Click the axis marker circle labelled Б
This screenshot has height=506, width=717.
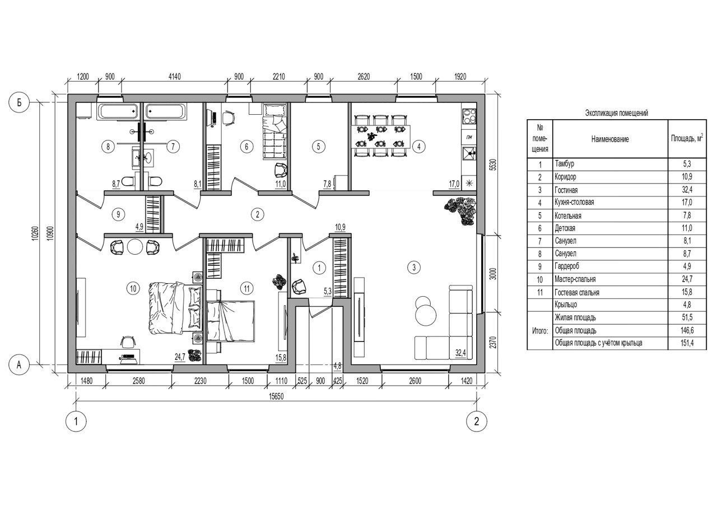[x=19, y=102]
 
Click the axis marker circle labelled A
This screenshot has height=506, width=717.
[x=19, y=364]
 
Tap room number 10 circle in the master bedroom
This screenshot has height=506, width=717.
[x=133, y=288]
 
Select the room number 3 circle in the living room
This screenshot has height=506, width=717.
[x=414, y=267]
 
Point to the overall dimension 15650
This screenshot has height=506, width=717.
[x=276, y=397]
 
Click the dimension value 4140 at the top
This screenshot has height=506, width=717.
[x=174, y=77]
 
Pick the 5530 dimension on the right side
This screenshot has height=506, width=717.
[x=493, y=165]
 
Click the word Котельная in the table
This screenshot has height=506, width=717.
[x=568, y=216]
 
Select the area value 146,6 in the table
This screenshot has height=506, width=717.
[x=687, y=330]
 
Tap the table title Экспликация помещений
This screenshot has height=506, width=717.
[x=617, y=113]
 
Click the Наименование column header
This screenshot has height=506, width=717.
[x=610, y=139]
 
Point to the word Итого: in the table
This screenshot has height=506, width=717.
[x=540, y=331]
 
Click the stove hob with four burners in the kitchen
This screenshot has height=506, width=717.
[x=469, y=116]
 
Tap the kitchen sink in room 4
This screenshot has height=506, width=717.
[x=469, y=153]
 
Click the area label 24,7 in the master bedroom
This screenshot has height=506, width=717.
[x=180, y=357]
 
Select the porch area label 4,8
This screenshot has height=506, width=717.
[x=337, y=366]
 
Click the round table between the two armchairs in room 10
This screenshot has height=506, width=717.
[x=135, y=247]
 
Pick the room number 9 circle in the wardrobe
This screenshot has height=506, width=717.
[x=118, y=214]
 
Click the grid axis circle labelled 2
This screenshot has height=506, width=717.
[x=477, y=421]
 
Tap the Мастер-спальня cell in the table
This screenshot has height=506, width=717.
[x=575, y=279]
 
